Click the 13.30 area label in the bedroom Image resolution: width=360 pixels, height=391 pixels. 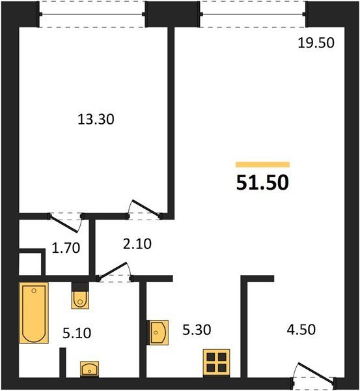click(x=96, y=119)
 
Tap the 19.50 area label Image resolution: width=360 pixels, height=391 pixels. click(x=316, y=43)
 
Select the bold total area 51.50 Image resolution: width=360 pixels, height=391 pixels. click(x=262, y=182)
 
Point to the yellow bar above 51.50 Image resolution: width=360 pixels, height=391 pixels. click(x=262, y=165)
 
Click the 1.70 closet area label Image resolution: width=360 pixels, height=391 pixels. click(x=66, y=248)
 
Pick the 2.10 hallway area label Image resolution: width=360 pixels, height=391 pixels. click(x=137, y=244)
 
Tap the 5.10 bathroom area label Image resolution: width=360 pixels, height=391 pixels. click(x=77, y=334)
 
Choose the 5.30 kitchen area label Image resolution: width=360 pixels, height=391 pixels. click(x=197, y=330)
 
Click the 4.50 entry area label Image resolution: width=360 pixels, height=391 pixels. click(x=301, y=329)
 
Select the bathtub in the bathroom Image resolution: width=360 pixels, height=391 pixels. click(x=34, y=313)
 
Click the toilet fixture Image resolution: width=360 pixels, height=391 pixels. click(x=80, y=296)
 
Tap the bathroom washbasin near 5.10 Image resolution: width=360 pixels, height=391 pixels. click(x=89, y=369)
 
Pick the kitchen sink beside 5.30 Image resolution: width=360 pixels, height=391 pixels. click(x=158, y=332)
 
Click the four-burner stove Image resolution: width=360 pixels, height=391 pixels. click(x=216, y=362)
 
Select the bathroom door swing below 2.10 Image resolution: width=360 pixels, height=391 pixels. click(x=114, y=270)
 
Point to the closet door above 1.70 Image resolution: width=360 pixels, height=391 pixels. click(x=65, y=223)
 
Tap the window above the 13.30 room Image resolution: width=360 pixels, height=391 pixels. click(x=92, y=14)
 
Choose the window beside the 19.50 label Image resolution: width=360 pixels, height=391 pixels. click(x=253, y=14)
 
